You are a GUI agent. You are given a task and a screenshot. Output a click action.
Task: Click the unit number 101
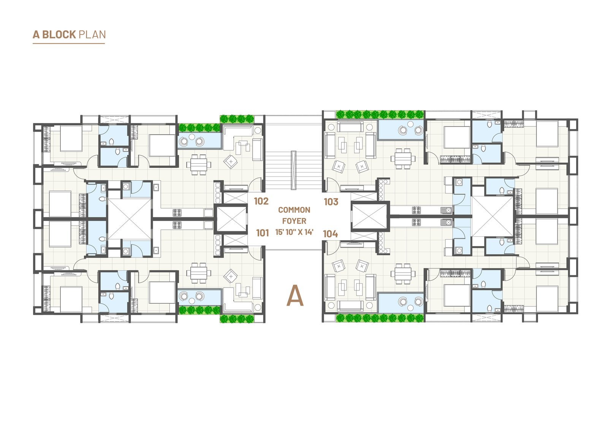[263, 233]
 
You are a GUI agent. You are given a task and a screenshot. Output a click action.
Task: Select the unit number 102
[261, 201]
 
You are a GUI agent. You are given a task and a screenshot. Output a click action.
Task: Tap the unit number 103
[331, 202]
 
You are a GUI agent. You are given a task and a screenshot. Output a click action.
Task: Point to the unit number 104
[330, 234]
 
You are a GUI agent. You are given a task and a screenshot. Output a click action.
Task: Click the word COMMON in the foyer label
[294, 210]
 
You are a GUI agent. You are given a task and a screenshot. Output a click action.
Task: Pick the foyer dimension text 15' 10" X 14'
[294, 232]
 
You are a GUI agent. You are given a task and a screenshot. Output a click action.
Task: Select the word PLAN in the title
[92, 35]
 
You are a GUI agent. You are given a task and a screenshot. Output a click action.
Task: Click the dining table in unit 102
[199, 165]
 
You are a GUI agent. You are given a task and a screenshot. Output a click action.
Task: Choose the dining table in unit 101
[199, 273]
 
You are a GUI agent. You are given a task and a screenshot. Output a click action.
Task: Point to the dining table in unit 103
[403, 159]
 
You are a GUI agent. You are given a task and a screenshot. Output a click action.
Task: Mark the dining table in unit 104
[403, 274]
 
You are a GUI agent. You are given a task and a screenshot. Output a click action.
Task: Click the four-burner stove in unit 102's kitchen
[177, 213]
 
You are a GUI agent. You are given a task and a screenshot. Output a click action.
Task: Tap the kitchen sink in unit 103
[446, 210]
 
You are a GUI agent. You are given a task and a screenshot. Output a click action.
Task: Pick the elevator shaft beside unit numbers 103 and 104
[370, 216]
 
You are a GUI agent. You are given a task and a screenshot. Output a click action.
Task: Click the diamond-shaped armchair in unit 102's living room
[230, 162]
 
